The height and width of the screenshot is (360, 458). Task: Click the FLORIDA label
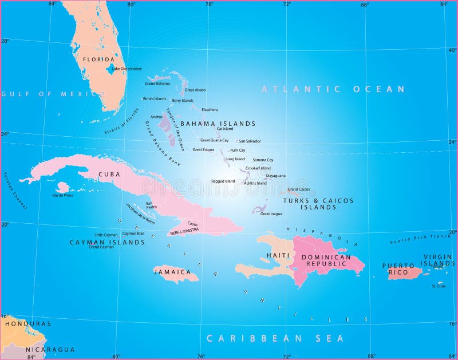tap(98, 59)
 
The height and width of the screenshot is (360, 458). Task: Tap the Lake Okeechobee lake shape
tap(109, 70)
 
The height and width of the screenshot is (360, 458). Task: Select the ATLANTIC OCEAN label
tap(333, 89)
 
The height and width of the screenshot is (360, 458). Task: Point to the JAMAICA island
tap(176, 274)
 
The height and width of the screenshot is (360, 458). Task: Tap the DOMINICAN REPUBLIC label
tap(326, 260)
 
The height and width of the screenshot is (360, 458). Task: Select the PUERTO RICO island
tap(406, 273)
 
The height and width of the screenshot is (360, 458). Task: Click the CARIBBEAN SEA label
tap(275, 338)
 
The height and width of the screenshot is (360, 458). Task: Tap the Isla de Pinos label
tap(62, 195)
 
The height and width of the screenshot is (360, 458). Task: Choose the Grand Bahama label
tap(157, 84)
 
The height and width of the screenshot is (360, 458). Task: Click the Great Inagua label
tap(272, 213)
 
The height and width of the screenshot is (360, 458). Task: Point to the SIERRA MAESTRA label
tap(184, 230)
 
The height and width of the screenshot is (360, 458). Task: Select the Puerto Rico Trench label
tap(420, 239)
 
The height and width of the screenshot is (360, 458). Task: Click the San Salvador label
tap(250, 141)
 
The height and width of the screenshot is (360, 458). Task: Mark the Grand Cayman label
tap(101, 247)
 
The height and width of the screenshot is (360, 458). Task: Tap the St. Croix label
tap(439, 286)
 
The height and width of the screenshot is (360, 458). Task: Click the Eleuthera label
tap(209, 109)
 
